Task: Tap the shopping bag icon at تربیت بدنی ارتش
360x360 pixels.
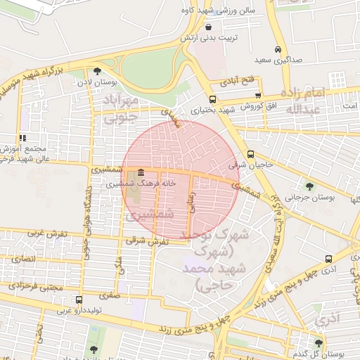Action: [210, 27]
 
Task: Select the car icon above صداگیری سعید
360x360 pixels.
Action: [278, 49]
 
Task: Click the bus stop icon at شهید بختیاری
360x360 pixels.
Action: [212, 99]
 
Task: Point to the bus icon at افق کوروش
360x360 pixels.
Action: [259, 96]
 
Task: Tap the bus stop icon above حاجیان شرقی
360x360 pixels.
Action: [251, 155]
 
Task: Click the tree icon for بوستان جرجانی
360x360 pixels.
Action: [309, 186]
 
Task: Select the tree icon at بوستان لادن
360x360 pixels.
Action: [96, 70]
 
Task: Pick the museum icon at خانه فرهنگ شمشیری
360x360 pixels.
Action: [142, 172]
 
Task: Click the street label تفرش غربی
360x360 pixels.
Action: [49, 233]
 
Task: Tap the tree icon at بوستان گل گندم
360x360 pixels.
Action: [319, 343]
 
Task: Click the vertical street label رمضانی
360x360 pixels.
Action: [191, 203]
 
